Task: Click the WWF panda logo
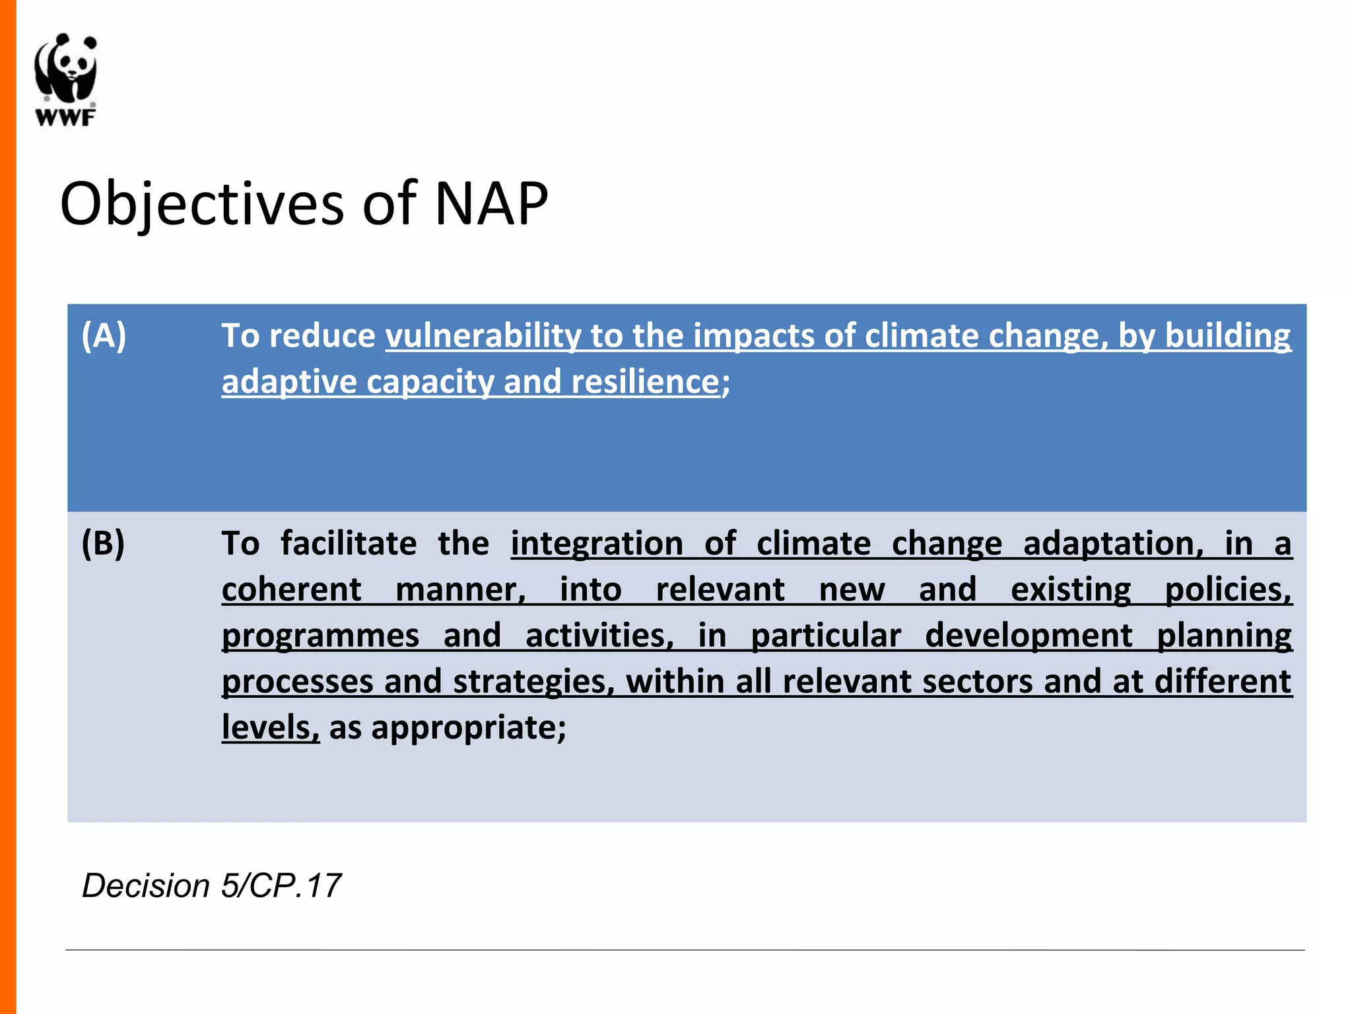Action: point(66,69)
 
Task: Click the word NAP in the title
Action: point(491,203)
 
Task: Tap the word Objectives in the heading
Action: point(202,203)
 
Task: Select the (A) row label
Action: point(104,335)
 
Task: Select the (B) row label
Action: point(103,543)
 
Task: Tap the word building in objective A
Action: point(1227,335)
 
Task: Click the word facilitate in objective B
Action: point(349,543)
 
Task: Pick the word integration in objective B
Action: point(597,543)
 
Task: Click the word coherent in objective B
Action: point(291,590)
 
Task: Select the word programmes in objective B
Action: point(320,636)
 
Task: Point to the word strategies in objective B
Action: point(533,681)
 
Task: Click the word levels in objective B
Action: point(270,727)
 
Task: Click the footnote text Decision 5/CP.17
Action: point(211,885)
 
